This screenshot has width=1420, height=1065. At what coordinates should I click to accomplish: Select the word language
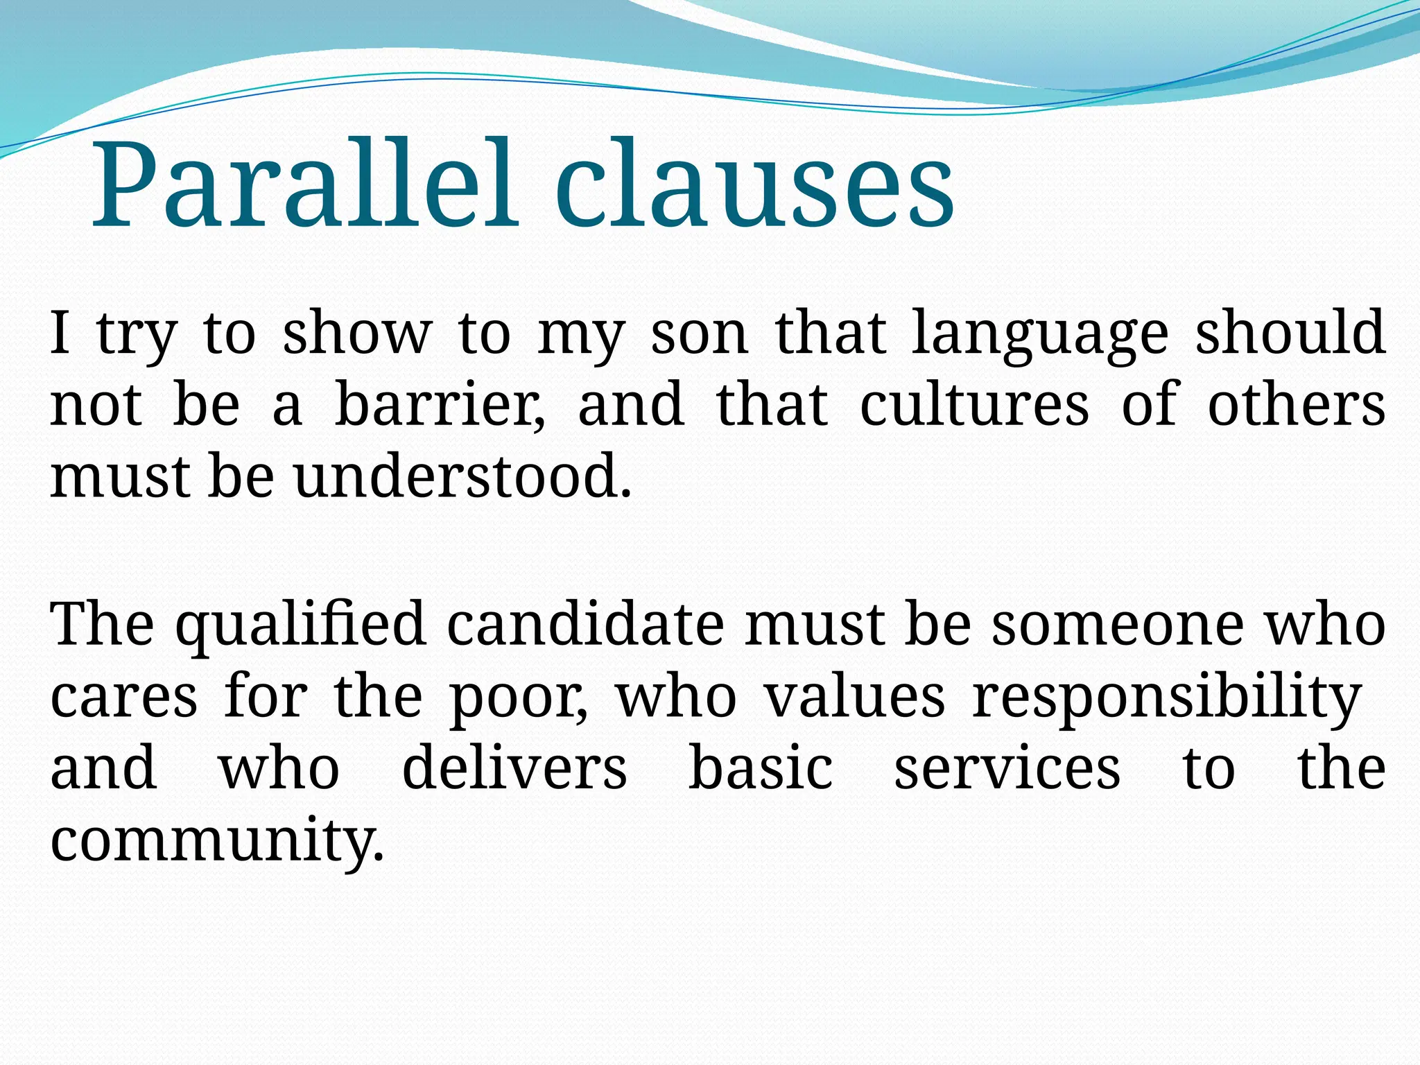[1041, 335]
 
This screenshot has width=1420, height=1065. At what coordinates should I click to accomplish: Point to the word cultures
[974, 405]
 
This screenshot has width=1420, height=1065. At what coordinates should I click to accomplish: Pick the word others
[1296, 405]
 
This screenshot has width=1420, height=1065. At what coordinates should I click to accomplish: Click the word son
[700, 335]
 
